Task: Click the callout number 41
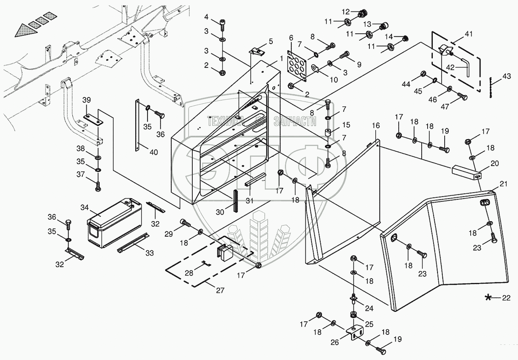(469, 34)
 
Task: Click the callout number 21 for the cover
(503, 184)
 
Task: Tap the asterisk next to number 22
(489, 297)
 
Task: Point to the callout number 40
(153, 152)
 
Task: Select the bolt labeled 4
(222, 22)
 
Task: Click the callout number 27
(220, 290)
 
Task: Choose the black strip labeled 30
(235, 200)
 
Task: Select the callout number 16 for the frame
(376, 126)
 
